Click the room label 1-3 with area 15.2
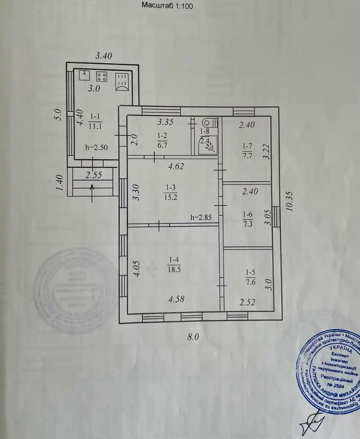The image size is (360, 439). (x=170, y=192)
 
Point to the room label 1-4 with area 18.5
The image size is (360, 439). (x=173, y=264)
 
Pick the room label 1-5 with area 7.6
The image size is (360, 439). (x=251, y=277)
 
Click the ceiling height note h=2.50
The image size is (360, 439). (x=96, y=147)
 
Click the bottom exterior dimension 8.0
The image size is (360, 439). (x=193, y=337)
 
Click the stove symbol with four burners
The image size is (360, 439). (x=102, y=76)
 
